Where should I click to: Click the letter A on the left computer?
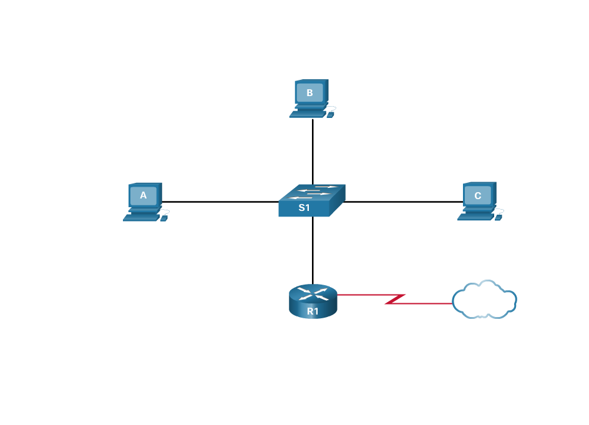pos(144,195)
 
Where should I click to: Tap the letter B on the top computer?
pos(309,93)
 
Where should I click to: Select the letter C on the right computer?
pos(478,195)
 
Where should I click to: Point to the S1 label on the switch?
pos(304,208)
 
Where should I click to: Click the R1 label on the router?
pos(313,311)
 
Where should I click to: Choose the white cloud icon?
pos(484,300)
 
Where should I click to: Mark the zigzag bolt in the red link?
pos(396,299)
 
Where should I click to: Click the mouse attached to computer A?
pos(164,218)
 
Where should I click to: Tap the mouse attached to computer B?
pos(330,115)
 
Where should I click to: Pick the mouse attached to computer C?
pos(499,218)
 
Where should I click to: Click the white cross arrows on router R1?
pos(313,293)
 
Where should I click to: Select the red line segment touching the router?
pos(362,295)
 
